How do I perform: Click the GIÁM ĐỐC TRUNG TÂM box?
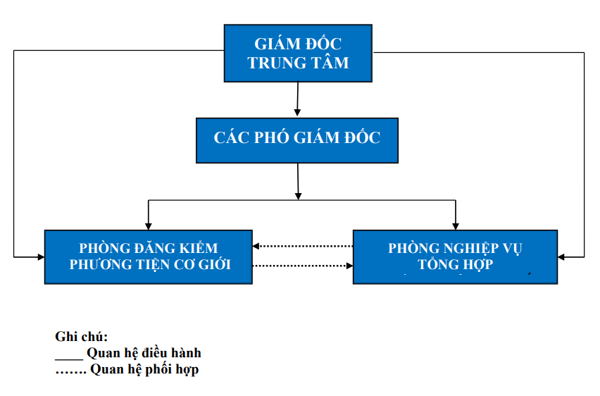(x=298, y=53)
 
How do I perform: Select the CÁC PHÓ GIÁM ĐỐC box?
(x=297, y=137)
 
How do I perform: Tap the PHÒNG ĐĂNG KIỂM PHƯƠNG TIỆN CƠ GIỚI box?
(x=148, y=256)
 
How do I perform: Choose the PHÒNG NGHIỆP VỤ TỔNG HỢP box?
(x=455, y=256)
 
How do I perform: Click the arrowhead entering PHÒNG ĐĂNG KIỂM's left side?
(x=40, y=256)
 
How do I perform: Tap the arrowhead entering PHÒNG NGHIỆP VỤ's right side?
(x=561, y=256)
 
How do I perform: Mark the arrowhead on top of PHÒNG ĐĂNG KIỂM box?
(x=148, y=225)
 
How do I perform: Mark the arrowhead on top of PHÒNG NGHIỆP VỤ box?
(x=455, y=225)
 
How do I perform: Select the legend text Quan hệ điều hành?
(x=144, y=353)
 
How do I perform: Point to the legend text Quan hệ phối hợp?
(x=144, y=369)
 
